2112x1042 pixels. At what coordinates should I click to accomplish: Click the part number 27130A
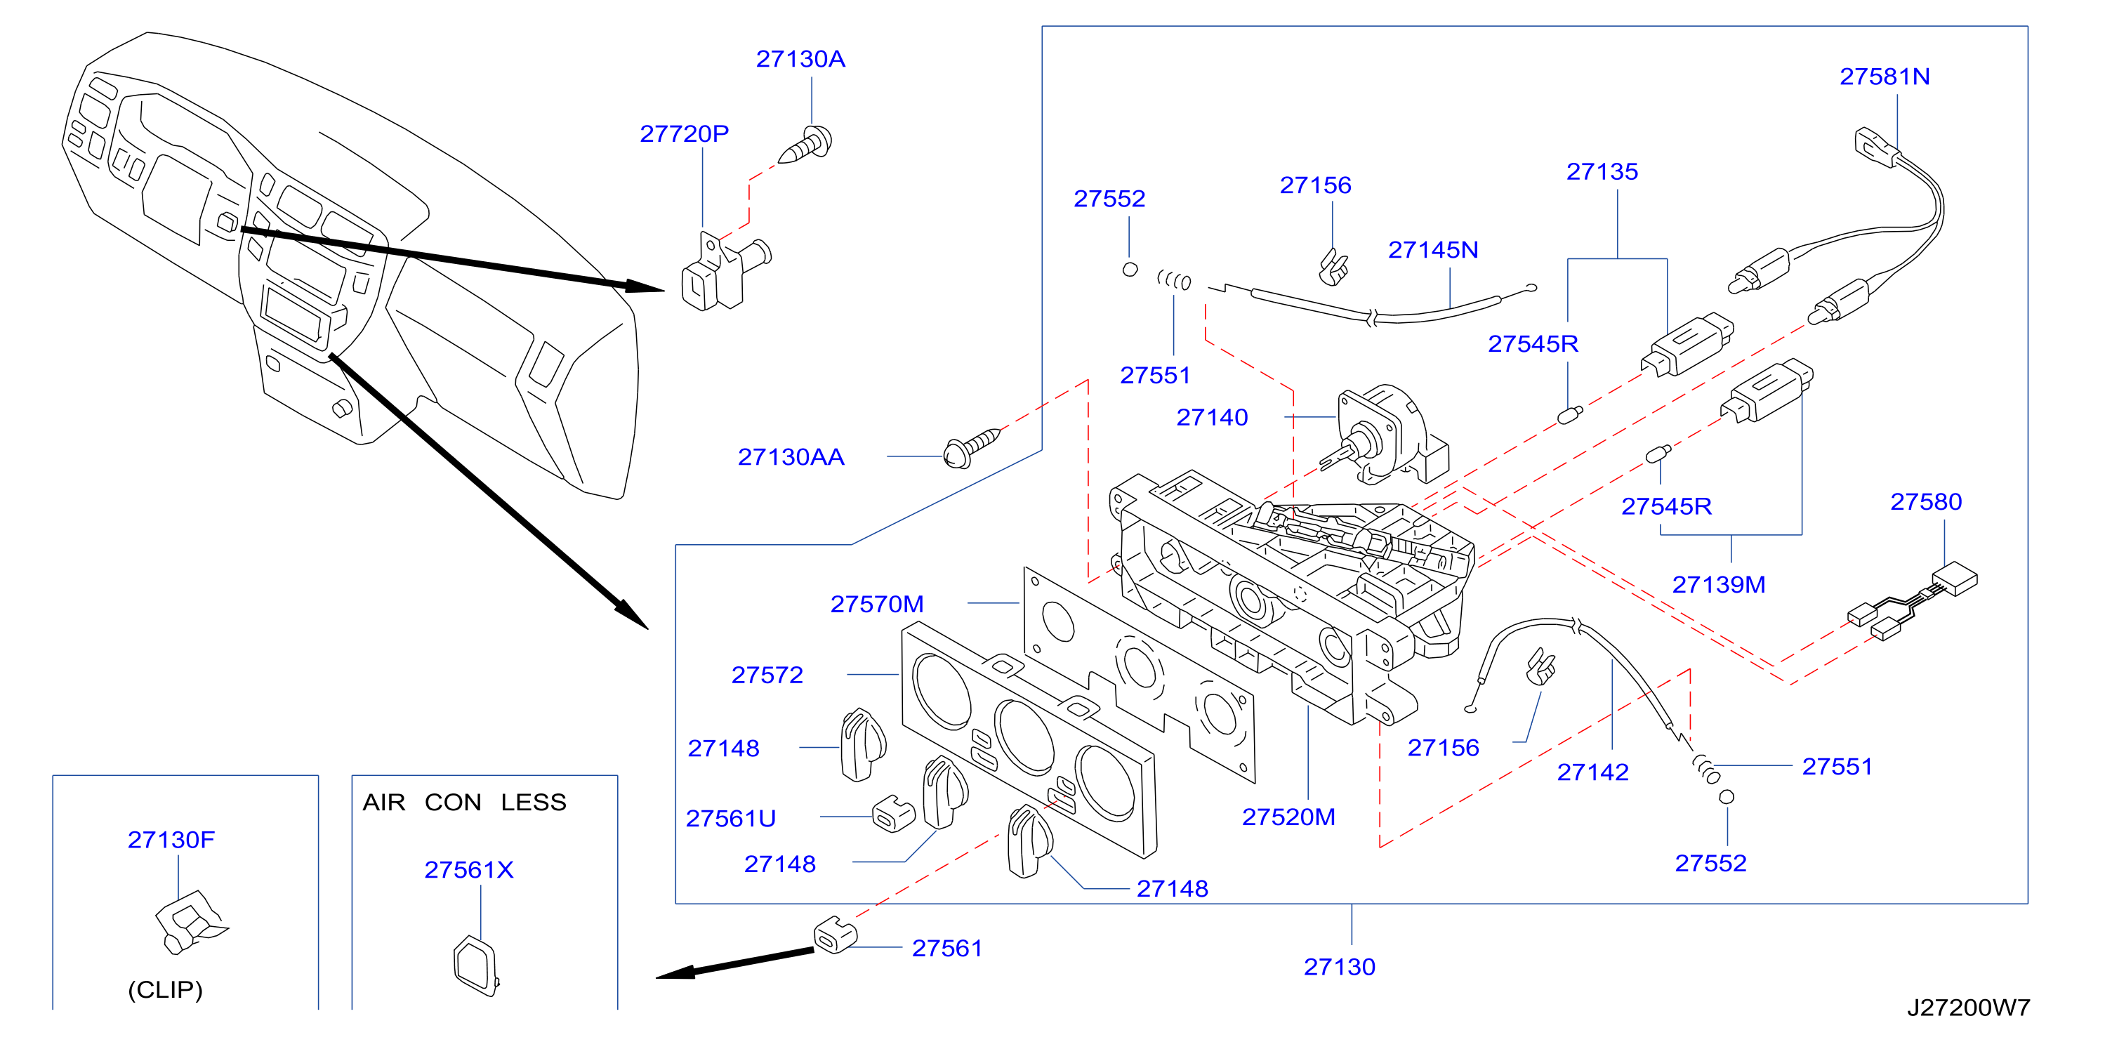(800, 59)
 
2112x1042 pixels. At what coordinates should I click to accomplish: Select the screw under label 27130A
(805, 146)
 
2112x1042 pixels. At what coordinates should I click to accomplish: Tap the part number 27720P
(684, 133)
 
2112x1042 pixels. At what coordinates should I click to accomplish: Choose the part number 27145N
(1432, 249)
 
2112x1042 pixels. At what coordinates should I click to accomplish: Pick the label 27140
(1212, 417)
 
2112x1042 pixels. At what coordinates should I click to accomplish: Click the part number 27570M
(876, 605)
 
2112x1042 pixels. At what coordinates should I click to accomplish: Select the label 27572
(767, 675)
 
